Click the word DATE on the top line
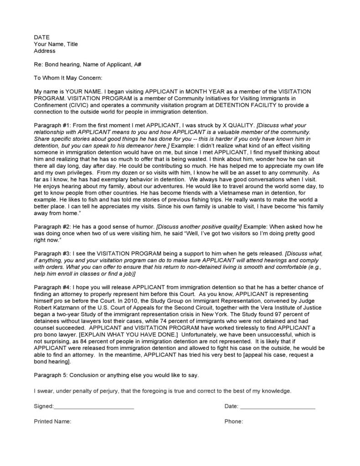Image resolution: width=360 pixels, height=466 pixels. click(x=42, y=37)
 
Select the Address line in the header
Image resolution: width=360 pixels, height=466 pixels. click(x=45, y=51)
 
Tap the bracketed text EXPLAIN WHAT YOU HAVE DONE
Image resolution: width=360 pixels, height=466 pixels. click(x=124, y=334)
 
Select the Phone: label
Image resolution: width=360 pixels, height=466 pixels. click(x=233, y=421)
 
